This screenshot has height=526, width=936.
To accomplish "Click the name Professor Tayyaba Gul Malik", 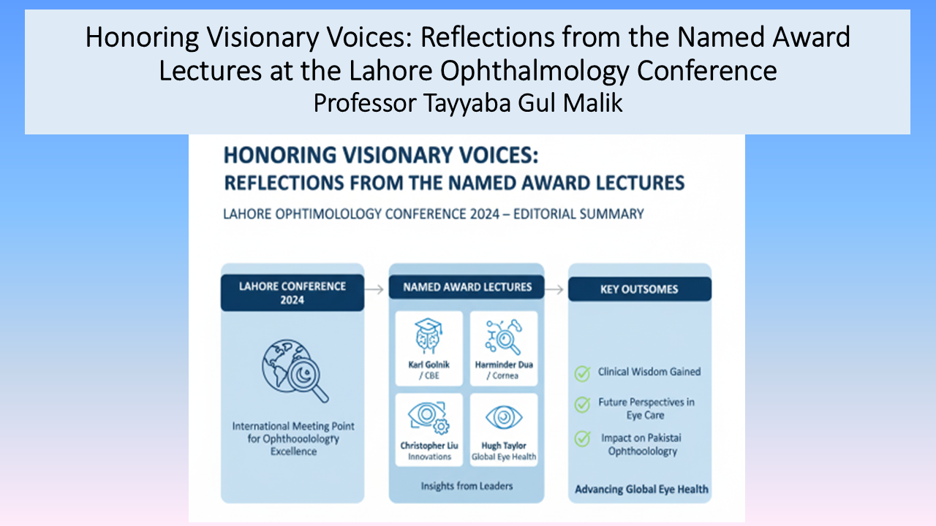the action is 467,103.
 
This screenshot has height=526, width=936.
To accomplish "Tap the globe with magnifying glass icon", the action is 295,370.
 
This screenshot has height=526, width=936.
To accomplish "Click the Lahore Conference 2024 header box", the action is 292,293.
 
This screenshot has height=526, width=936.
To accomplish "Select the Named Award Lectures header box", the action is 467,287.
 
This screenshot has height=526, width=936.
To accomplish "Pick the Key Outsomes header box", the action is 640,289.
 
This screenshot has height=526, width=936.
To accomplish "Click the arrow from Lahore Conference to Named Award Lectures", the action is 374,289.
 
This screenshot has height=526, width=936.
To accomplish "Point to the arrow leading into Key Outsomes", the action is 554,289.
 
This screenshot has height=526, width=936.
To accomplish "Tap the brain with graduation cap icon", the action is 429,335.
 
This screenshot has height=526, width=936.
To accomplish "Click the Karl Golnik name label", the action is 429,365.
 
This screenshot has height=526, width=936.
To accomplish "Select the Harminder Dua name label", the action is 504,365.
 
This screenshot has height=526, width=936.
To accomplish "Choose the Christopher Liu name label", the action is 429,446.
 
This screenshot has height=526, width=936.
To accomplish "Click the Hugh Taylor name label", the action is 504,446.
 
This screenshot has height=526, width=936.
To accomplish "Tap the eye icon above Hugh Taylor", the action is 504,417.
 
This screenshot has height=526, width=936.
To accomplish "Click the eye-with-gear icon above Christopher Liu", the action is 429,417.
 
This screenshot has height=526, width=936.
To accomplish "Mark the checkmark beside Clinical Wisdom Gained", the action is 583,373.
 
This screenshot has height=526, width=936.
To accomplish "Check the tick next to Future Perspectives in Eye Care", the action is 583,404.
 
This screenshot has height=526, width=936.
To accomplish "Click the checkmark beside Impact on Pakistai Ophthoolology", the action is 583,439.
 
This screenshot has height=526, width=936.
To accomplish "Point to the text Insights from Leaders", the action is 467,486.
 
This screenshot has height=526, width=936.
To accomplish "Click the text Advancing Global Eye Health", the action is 641,489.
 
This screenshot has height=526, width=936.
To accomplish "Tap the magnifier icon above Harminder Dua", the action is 504,337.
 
